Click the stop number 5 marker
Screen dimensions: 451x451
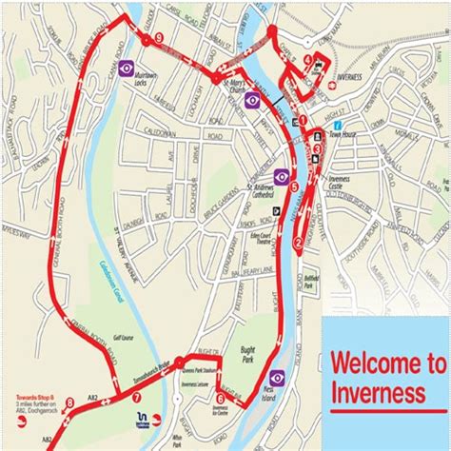294,186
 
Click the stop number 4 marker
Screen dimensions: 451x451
308,59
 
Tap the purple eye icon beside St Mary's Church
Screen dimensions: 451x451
252,100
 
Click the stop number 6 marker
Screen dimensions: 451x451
220,399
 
